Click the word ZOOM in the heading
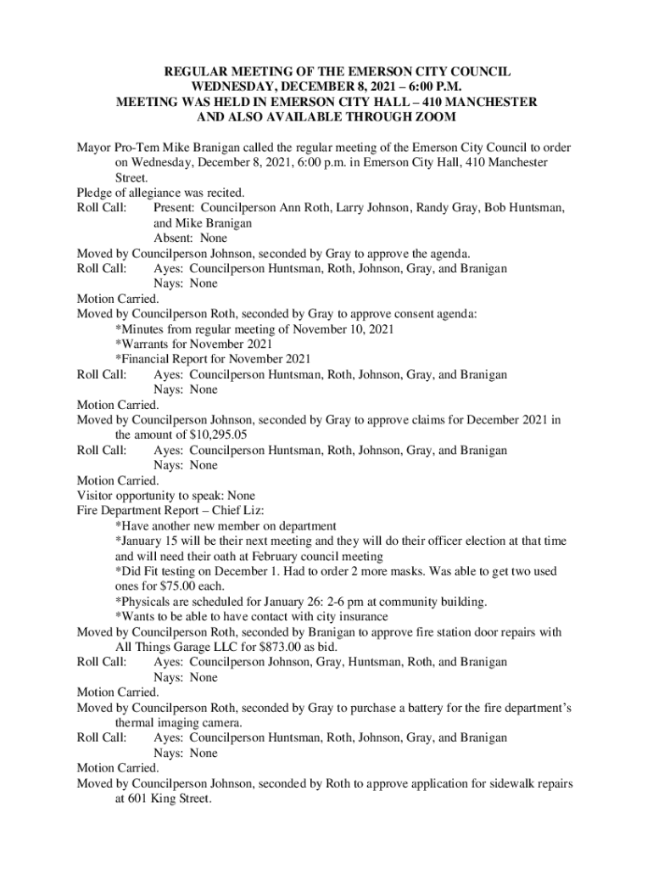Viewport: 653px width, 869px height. (x=431, y=117)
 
